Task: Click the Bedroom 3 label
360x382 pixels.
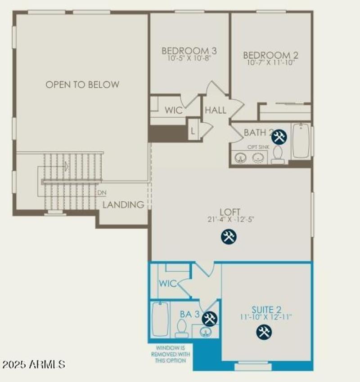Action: click(x=186, y=51)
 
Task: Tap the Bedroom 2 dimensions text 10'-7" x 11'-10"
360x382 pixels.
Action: click(x=270, y=63)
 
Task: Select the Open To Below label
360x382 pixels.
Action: click(x=82, y=84)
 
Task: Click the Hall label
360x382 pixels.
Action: click(x=216, y=110)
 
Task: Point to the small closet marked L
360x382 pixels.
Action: click(x=193, y=130)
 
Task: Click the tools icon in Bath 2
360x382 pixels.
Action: click(x=279, y=137)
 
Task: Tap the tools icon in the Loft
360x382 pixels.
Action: click(x=229, y=236)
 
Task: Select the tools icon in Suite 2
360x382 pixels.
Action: click(x=264, y=332)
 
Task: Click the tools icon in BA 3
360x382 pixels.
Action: click(x=209, y=319)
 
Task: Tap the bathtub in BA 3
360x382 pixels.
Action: click(x=160, y=319)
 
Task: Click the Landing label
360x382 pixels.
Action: click(x=124, y=205)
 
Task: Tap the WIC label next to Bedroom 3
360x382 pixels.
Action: click(x=173, y=110)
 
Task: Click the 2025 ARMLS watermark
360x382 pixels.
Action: click(x=34, y=364)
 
